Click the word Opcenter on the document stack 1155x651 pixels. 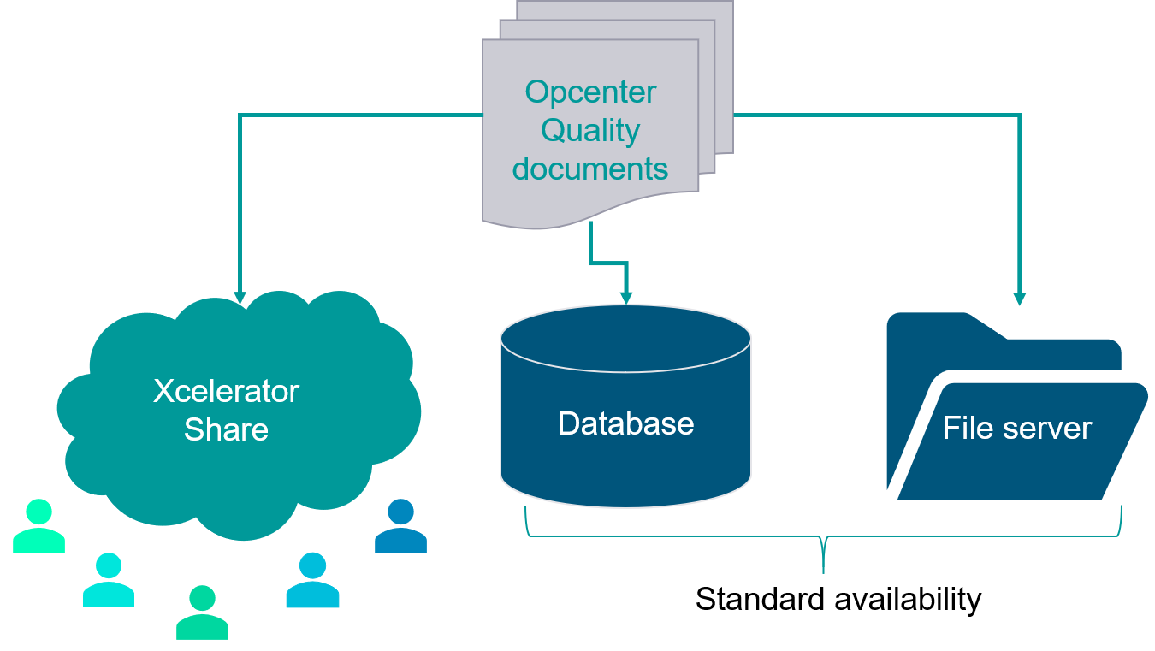[590, 92]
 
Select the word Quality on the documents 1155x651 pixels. [590, 131]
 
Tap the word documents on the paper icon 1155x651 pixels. [590, 169]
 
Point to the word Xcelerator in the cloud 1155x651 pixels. [226, 392]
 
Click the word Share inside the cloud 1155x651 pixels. [226, 429]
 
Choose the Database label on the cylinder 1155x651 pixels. [625, 423]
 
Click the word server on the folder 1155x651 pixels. [1045, 428]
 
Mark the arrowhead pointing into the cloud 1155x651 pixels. [240, 298]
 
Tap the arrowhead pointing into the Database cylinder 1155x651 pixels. [626, 297]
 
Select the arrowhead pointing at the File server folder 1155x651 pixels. [1019, 299]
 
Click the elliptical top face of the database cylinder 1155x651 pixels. [625, 339]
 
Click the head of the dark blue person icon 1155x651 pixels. [400, 512]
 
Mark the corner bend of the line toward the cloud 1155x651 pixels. [240, 115]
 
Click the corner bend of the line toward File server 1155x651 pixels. [1019, 115]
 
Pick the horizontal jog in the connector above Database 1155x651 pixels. [608, 262]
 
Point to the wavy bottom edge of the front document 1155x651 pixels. [590, 219]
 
